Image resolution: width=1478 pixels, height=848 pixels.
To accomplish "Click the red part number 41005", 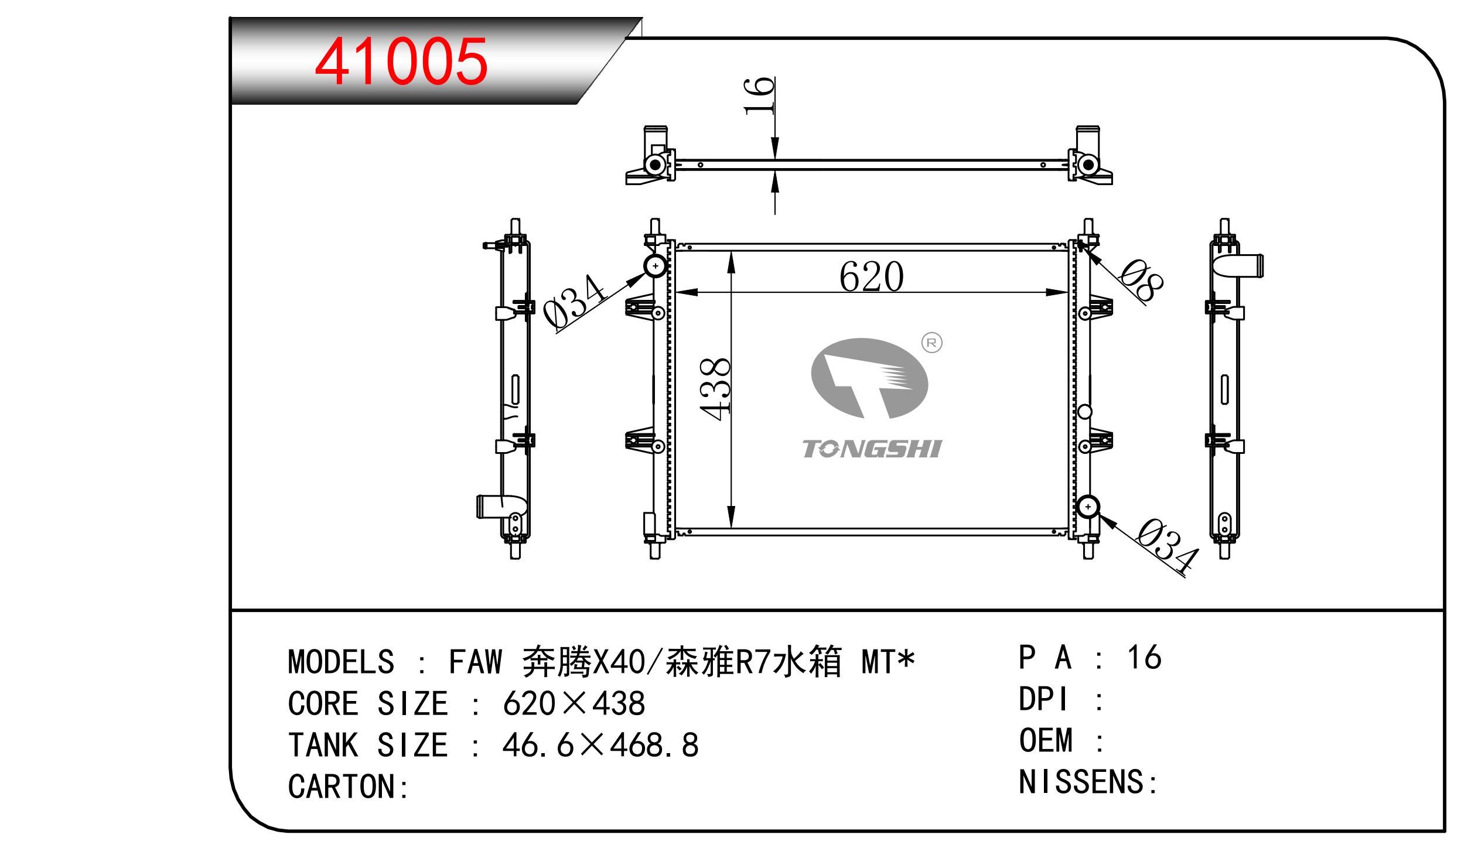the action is pyautogui.click(x=401, y=61).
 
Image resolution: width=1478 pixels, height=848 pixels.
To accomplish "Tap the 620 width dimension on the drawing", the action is pyautogui.click(x=871, y=276).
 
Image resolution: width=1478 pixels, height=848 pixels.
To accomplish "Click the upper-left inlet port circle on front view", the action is pyautogui.click(x=656, y=267).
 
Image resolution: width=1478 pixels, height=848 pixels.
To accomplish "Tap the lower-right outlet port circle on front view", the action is pyautogui.click(x=1088, y=507).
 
